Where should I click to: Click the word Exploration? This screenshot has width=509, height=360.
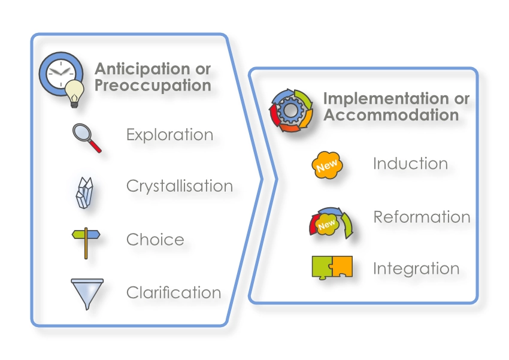click(x=169, y=135)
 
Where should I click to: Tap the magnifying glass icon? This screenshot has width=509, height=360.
click(x=87, y=138)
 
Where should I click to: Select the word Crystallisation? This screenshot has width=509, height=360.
click(x=180, y=186)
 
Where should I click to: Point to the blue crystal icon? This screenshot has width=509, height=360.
click(x=84, y=192)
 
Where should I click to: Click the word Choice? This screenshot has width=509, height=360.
click(x=155, y=240)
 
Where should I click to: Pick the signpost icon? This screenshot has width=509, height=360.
click(x=86, y=243)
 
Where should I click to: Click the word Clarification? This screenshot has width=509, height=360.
click(x=174, y=292)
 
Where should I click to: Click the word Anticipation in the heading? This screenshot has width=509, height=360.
click(x=143, y=69)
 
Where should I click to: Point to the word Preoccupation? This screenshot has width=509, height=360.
click(x=153, y=86)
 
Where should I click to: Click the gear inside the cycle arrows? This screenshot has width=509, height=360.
click(x=291, y=110)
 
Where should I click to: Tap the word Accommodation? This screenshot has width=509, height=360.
click(x=391, y=115)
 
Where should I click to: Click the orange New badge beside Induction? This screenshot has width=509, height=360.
click(x=327, y=165)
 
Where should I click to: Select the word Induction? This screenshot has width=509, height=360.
click(x=410, y=164)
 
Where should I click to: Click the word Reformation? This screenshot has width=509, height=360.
click(x=422, y=217)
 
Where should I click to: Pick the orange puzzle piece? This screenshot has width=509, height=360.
click(x=341, y=266)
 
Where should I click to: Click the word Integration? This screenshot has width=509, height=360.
click(x=416, y=269)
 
